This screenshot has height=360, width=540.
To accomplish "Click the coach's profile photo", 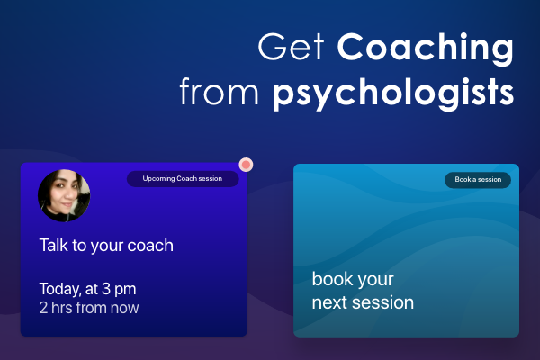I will pos(64,195).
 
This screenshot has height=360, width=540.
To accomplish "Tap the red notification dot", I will pos(246,165).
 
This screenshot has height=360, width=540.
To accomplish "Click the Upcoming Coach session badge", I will pos(183,179).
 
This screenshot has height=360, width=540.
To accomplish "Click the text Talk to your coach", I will pos(106,245).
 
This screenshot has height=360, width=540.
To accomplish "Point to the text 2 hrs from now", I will pos(89,308).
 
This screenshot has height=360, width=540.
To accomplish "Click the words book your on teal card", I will pos(353,279).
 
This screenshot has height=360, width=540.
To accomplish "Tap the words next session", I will pos(363,302).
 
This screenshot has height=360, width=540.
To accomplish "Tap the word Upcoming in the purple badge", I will pos(159,179).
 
